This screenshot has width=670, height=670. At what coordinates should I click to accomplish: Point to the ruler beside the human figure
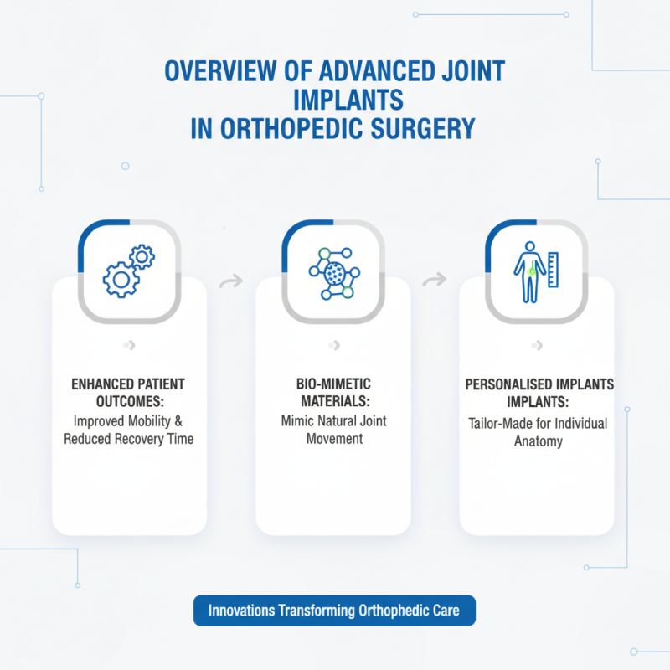click(x=553, y=268)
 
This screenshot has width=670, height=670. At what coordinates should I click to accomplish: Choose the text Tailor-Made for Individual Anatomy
click(x=537, y=432)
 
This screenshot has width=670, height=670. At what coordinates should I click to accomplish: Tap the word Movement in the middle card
click(x=332, y=438)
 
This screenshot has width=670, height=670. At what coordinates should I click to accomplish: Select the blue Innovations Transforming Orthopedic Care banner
click(x=333, y=611)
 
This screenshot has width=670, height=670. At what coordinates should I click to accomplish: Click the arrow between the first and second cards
click(x=231, y=281)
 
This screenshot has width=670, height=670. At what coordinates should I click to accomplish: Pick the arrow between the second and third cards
click(x=435, y=281)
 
